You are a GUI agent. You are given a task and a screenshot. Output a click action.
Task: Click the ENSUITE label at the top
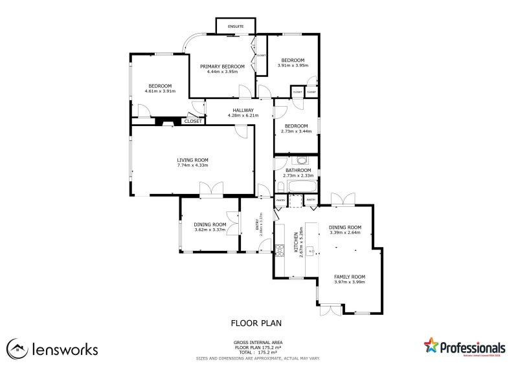(x=236, y=27)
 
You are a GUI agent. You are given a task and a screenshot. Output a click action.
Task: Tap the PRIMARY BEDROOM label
(x=222, y=67)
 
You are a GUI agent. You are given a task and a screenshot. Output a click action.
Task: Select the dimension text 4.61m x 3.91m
(x=160, y=91)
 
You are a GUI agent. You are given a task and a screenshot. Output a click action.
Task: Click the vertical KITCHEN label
(x=295, y=240)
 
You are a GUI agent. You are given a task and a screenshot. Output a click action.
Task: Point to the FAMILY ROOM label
(x=350, y=276)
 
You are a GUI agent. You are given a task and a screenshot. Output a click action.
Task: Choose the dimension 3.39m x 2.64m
(x=344, y=233)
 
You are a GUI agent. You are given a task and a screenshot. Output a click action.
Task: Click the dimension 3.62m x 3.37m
(x=209, y=230)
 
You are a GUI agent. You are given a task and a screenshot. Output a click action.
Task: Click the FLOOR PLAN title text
(x=256, y=322)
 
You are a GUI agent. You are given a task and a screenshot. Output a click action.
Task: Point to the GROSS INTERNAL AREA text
(x=258, y=342)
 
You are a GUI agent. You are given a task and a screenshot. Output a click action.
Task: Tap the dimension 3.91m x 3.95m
(x=293, y=65)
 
